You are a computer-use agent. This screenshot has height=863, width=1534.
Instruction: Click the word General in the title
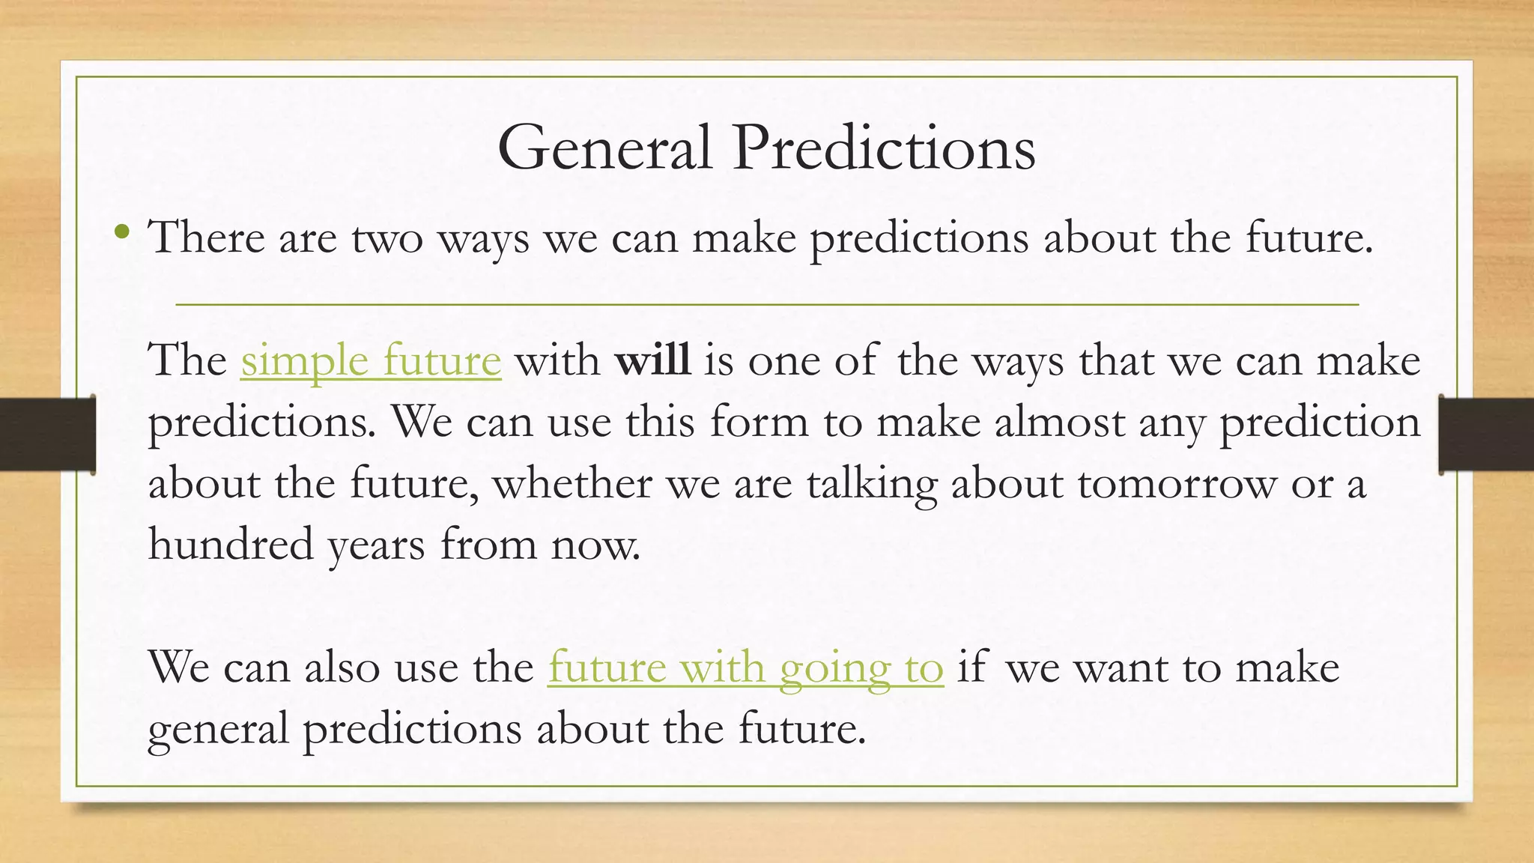tap(604, 148)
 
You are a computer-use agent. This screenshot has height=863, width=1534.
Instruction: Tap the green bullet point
tap(122, 233)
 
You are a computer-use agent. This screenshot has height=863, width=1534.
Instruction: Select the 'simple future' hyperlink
tap(371, 361)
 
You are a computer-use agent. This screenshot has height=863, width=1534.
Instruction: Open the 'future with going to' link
tap(745, 667)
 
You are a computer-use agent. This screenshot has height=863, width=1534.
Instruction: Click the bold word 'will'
tap(652, 360)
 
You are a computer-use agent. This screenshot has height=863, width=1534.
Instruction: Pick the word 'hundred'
tap(231, 544)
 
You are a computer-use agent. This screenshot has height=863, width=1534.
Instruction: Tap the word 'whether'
tap(572, 482)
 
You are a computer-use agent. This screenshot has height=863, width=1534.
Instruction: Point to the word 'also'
tap(342, 667)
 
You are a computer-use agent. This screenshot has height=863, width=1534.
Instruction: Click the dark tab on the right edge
tap(1486, 434)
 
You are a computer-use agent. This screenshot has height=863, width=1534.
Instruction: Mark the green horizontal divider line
tap(767, 305)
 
